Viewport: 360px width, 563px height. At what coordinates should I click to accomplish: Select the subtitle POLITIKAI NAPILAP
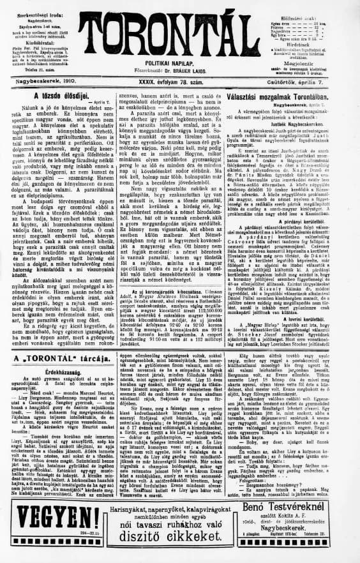(x=179, y=64)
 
